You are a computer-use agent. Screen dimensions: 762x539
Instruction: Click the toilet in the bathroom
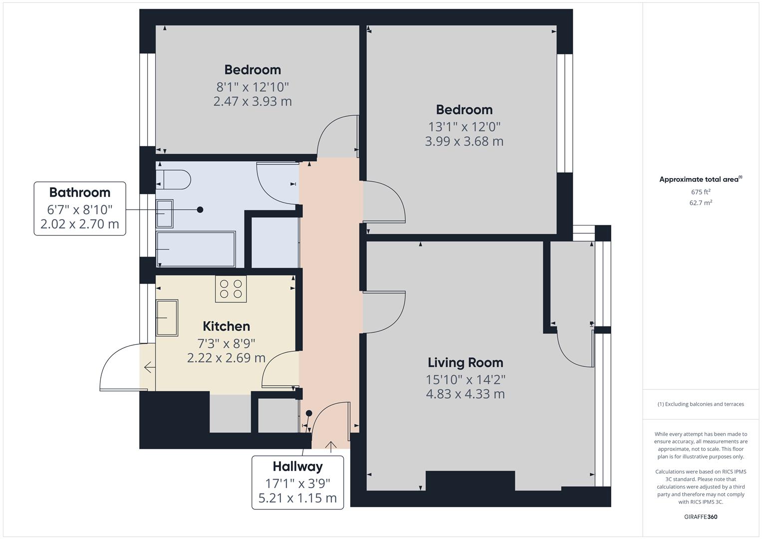tap(173, 179)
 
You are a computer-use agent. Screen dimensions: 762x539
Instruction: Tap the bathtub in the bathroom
tap(196, 250)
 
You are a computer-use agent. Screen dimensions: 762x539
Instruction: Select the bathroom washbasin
tap(165, 214)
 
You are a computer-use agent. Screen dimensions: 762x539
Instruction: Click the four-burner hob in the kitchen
tap(231, 289)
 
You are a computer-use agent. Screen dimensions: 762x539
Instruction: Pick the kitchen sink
tap(167, 318)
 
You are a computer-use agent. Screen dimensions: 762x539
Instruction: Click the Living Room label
tap(466, 363)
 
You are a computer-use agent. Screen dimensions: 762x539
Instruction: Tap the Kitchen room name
tap(226, 326)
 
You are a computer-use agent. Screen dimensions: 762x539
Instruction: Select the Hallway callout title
tap(297, 467)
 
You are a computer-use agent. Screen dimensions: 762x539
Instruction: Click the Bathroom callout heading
tap(80, 193)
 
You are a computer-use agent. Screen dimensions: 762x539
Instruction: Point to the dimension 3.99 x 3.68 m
tap(464, 141)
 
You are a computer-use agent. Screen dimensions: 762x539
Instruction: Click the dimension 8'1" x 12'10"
tap(253, 87)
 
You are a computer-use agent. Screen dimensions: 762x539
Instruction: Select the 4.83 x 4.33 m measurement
tap(466, 394)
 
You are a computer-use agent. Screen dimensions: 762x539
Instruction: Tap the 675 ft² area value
tap(701, 192)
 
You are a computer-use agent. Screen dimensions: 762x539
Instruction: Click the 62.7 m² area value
tap(701, 203)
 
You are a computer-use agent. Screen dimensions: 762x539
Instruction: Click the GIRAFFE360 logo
tap(701, 517)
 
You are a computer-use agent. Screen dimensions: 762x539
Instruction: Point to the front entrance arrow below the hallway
tap(331, 447)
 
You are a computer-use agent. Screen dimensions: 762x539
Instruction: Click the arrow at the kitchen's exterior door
tap(150, 367)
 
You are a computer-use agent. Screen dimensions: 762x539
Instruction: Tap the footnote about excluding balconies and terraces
tap(701, 404)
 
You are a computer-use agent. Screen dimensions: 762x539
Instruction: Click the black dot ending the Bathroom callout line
tap(200, 210)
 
